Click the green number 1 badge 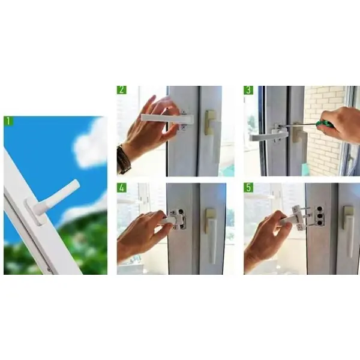coord(8,121)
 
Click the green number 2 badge coord(122,90)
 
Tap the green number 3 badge coord(248,90)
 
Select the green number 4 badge coord(122,188)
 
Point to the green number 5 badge coord(248,188)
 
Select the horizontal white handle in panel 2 coord(167,119)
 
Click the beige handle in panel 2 coord(212,133)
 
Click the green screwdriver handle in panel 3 coord(323,125)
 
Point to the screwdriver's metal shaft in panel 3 coord(299,125)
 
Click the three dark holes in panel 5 coord(320,215)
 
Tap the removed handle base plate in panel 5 coord(298,217)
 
